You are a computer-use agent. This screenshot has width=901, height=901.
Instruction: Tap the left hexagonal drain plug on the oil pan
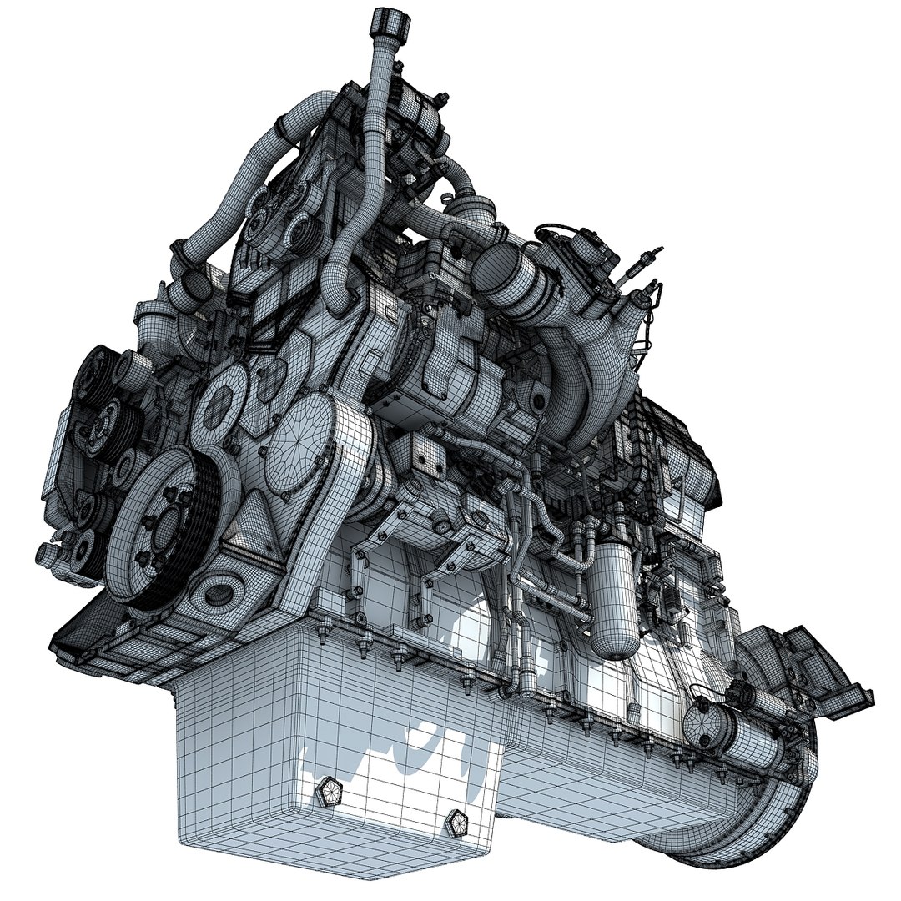point(330,793)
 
